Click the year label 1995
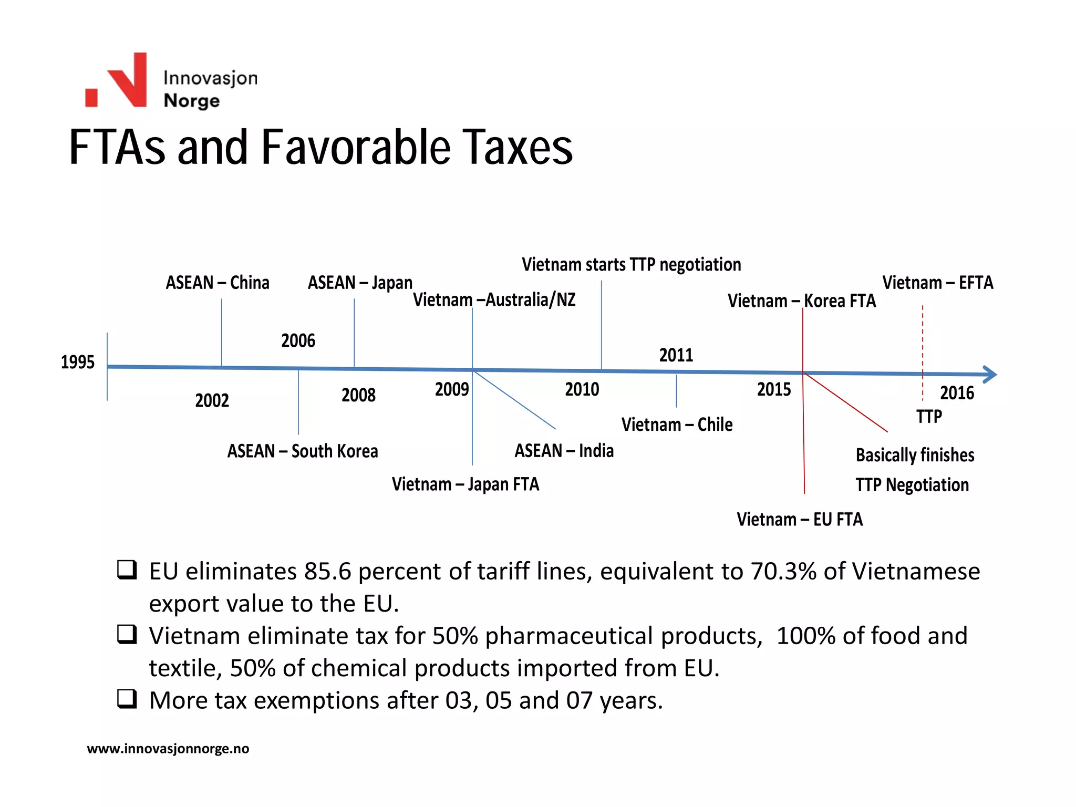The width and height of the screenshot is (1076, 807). pos(77,362)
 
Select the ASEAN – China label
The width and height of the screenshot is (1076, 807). pos(218,283)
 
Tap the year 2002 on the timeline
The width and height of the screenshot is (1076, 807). pos(212,400)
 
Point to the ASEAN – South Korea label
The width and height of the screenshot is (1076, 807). pos(303,451)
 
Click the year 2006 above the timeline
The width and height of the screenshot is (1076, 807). pos(298,340)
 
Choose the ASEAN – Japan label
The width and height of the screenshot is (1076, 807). pos(360,283)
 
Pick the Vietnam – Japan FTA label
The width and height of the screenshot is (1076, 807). pos(465,484)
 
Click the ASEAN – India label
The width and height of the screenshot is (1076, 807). pos(564,450)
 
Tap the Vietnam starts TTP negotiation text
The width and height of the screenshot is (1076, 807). pos(631,264)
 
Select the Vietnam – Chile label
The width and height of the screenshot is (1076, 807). pos(677,424)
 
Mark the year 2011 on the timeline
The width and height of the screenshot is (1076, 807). pos(676,355)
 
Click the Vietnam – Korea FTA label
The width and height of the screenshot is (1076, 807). pos(802,301)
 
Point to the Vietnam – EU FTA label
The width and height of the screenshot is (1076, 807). pos(799,519)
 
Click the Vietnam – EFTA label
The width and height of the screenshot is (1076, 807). pos(938,283)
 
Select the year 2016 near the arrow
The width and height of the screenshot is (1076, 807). pos(957,393)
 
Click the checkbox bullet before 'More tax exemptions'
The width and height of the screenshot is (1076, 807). pos(127,699)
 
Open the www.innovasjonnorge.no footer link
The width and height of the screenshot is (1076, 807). pos(168,748)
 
